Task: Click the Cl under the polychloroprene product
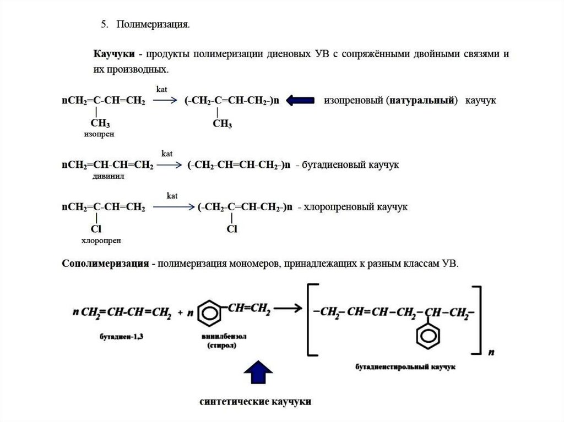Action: [x=231, y=229]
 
